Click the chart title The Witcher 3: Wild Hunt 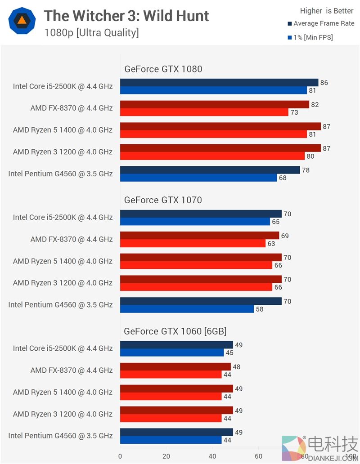pos(126,16)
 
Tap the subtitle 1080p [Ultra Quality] pos(91,33)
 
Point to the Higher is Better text pos(327,11)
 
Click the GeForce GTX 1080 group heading pos(163,69)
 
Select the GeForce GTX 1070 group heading pos(163,200)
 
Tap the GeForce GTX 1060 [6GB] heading pos(175,331)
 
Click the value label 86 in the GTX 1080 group pos(324,83)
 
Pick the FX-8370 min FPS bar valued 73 pos(204,112)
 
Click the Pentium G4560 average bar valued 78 pos(210,170)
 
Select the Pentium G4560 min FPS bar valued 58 pos(187,309)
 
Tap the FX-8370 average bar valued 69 pos(199,236)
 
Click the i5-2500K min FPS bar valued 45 pos(172,352)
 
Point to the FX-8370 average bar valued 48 pos(175,367)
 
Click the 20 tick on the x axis pos(166,456)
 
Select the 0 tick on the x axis pos(120,456)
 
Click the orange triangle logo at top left pos(21,20)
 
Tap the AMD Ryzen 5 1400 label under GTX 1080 pos(63,130)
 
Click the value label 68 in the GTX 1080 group pos(283,178)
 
